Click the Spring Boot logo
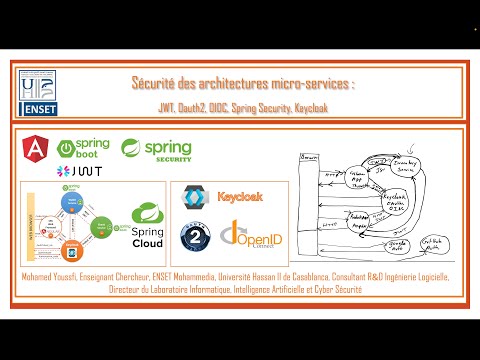point(84,150)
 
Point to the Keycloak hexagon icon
point(194,198)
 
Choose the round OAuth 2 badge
point(194,236)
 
